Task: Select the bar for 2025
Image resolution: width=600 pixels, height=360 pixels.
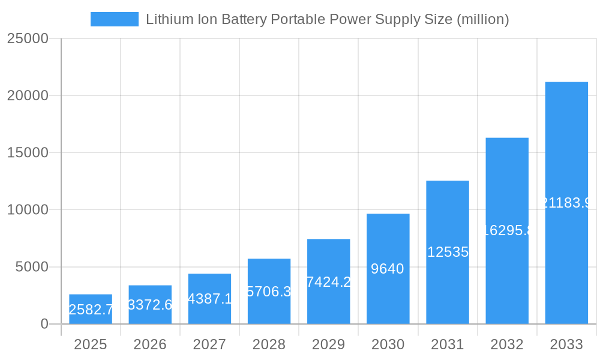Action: [x=90, y=309]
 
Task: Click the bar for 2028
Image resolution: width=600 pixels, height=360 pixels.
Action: [x=269, y=291]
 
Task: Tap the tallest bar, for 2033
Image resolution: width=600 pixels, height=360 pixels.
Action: [x=566, y=203]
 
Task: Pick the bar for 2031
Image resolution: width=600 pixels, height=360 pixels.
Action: [x=448, y=252]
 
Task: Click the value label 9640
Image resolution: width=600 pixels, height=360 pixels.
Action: [x=388, y=269]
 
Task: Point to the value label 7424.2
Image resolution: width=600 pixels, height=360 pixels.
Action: [x=328, y=281]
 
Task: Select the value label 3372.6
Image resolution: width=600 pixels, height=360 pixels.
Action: [x=150, y=305]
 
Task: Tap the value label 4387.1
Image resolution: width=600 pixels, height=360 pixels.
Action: [x=209, y=299]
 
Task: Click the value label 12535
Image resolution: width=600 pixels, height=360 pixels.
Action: [x=448, y=252]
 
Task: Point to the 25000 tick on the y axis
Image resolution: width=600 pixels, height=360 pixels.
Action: [x=27, y=38]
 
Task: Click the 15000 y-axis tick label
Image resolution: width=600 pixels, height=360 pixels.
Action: [x=27, y=152]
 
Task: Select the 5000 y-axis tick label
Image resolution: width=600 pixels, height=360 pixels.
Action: [x=32, y=267]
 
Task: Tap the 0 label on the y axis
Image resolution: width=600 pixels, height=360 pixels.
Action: [x=44, y=324]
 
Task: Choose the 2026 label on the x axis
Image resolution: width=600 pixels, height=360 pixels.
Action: [x=150, y=344]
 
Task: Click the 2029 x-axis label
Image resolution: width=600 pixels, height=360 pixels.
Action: [x=328, y=344]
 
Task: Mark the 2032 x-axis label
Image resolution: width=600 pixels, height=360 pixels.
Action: [x=507, y=344]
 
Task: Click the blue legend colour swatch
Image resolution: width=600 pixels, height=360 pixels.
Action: [x=114, y=19]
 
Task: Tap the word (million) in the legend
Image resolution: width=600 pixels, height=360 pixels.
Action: [x=482, y=19]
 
